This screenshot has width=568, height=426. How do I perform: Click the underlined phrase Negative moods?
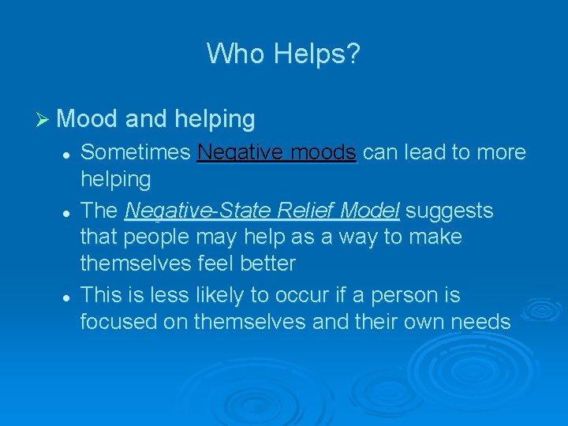tap(278, 152)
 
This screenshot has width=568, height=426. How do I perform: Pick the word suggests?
tap(450, 211)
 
